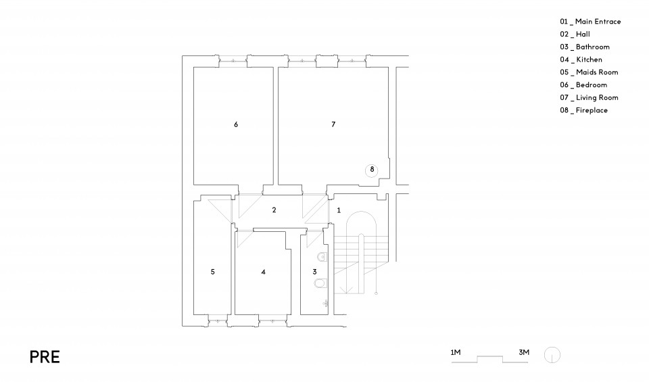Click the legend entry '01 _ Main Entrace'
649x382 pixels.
click(x=590, y=22)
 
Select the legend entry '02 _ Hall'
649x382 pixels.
click(x=575, y=34)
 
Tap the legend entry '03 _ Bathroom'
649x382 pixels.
click(x=585, y=47)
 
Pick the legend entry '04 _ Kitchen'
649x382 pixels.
click(x=581, y=59)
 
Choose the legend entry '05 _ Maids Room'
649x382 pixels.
click(x=589, y=72)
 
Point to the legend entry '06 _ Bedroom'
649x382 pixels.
click(x=583, y=85)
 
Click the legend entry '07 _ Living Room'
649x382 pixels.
click(x=589, y=97)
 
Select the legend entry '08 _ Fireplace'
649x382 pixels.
click(x=583, y=110)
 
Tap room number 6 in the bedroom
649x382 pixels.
click(x=236, y=124)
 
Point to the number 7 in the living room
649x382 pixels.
click(x=333, y=124)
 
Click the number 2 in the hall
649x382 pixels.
click(x=274, y=210)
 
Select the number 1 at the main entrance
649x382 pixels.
click(x=339, y=210)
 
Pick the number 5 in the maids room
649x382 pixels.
click(x=213, y=272)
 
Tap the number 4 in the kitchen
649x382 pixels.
click(x=263, y=272)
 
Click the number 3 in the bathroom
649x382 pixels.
click(x=314, y=272)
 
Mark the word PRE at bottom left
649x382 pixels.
click(x=45, y=357)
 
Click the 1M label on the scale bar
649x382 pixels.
click(x=455, y=353)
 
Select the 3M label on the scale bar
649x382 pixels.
click(x=524, y=353)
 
